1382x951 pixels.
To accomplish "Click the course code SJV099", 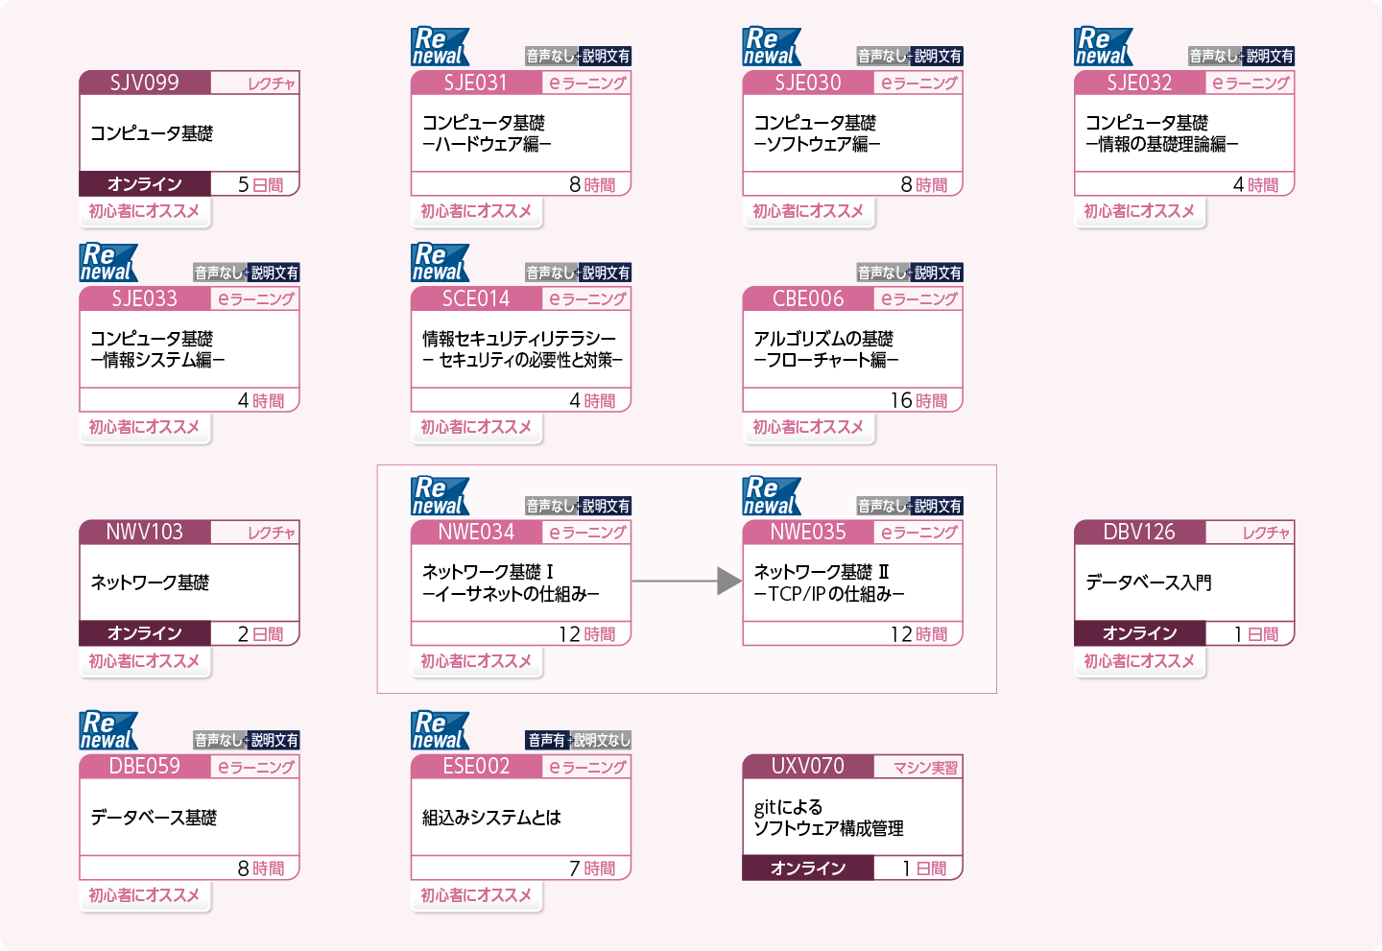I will (144, 83).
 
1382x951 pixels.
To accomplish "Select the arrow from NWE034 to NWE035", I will (686, 581).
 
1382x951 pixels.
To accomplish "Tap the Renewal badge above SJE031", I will (440, 46).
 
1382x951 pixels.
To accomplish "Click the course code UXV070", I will (807, 766).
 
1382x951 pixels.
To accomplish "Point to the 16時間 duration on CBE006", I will (918, 400).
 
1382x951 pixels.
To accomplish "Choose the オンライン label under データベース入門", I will (1139, 633).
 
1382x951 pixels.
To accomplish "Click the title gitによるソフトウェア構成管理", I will (828, 818).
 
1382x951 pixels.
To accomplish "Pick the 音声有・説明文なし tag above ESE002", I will (578, 740).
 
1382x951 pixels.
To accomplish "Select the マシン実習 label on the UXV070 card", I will (925, 768).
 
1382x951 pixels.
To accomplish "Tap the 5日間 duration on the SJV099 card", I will (260, 184).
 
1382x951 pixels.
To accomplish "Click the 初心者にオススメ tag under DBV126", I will (1139, 661).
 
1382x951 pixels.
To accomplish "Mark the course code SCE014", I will (475, 298).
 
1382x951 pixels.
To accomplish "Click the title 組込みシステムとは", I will (491, 818).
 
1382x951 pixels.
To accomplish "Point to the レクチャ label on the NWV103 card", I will (271, 533).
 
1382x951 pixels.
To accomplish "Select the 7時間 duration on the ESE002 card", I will (592, 868).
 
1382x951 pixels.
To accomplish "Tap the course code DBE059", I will (144, 766).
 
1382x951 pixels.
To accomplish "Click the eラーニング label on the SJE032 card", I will (1251, 83).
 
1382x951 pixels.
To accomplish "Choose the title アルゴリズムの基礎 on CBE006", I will (823, 339).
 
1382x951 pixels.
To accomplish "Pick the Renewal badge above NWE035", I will (771, 496).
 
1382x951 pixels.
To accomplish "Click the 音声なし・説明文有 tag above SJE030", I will (909, 56).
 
